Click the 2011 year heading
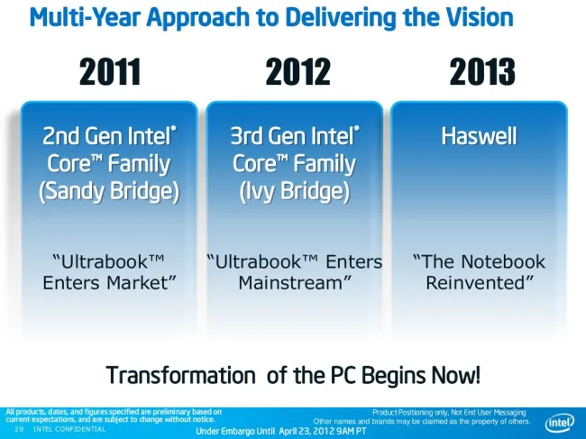pos(110,71)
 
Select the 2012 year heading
pos(298,71)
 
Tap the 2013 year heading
pos(482,71)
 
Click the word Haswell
pos(479,135)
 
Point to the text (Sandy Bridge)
pos(109,191)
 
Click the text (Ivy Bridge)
pos(295,191)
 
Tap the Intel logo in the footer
pos(560,423)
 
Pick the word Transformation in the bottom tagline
pos(181,375)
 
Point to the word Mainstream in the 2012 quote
pos(290,283)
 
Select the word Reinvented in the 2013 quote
pos(475,283)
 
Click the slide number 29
pos(19,429)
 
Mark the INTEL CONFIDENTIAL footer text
pos(69,429)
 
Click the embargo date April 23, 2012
pos(307,431)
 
